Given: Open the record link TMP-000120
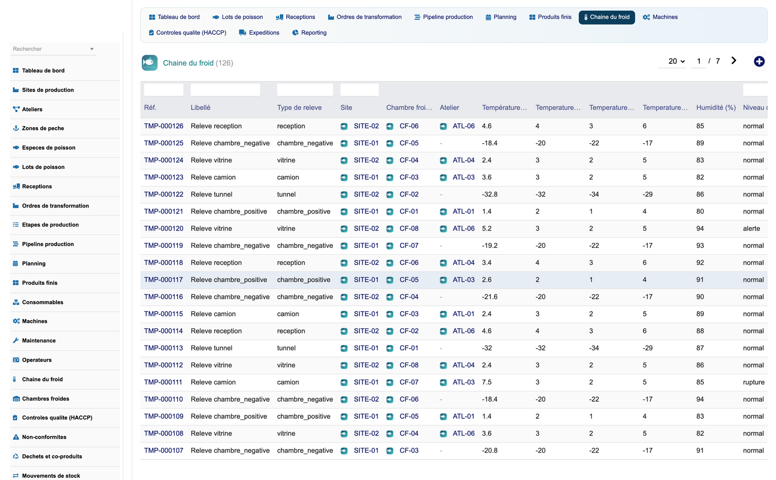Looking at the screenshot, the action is coord(163,228).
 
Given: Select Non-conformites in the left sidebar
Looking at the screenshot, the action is coord(44,437).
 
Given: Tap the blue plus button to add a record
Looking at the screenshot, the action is coord(759,62).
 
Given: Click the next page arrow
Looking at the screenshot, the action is coord(734,61).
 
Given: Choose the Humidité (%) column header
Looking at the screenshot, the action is coord(716,108).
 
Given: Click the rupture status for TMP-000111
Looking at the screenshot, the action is coord(753,382).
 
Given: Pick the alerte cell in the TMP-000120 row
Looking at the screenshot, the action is coord(751,228).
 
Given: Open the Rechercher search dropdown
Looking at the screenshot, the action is coord(53,49).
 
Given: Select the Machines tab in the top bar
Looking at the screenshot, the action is coord(661,17).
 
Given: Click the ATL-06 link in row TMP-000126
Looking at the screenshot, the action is coord(463,126).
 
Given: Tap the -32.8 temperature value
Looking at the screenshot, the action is coord(490,194).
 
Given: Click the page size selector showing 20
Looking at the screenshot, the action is coord(676,61).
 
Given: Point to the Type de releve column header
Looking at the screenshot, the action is coord(299,108).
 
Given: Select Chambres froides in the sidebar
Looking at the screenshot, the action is coord(46,398).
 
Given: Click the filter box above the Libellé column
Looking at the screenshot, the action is coord(225,90).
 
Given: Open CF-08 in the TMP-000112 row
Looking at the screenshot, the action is coord(409,365).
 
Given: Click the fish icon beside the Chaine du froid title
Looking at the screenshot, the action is coord(150,63).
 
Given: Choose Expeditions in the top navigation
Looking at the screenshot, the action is coord(259,33).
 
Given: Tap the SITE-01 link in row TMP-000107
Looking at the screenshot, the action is coord(366,451).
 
